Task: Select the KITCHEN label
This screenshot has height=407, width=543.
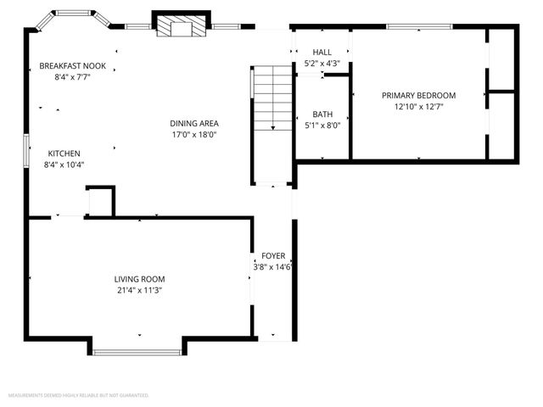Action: pyautogui.click(x=64, y=153)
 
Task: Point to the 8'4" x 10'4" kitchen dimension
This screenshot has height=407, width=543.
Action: pyautogui.click(x=64, y=164)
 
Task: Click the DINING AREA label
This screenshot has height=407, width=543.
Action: pyautogui.click(x=194, y=123)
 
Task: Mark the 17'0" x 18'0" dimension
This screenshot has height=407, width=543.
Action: pyautogui.click(x=194, y=134)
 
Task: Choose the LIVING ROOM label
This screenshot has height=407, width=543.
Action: pyautogui.click(x=140, y=279)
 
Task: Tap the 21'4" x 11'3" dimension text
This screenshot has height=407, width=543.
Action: pyautogui.click(x=140, y=290)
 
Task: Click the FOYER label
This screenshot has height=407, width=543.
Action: pyautogui.click(x=273, y=255)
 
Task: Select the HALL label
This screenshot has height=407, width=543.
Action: pyautogui.click(x=322, y=53)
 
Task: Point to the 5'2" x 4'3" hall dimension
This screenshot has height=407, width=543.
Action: pyautogui.click(x=322, y=64)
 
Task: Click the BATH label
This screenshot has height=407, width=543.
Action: pyautogui.click(x=322, y=114)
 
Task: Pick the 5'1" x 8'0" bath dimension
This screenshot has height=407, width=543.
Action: pyautogui.click(x=322, y=125)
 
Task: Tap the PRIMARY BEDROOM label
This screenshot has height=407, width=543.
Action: pyautogui.click(x=418, y=96)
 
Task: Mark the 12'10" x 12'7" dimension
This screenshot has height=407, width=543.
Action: pyautogui.click(x=418, y=107)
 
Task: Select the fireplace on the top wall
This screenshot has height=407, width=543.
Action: pyautogui.click(x=181, y=25)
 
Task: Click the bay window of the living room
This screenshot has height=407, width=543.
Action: pyautogui.click(x=137, y=351)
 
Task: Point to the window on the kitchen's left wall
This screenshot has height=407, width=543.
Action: pyautogui.click(x=26, y=153)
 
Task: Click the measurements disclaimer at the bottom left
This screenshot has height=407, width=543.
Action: pyautogui.click(x=79, y=396)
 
